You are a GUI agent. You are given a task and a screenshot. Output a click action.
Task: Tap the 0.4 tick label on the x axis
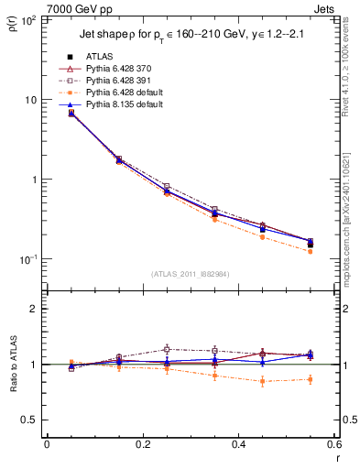tap(238, 444)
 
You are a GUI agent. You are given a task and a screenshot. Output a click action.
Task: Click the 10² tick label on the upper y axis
tap(29, 19)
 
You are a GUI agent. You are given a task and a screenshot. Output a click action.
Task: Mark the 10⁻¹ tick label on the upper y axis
tap(27, 259)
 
